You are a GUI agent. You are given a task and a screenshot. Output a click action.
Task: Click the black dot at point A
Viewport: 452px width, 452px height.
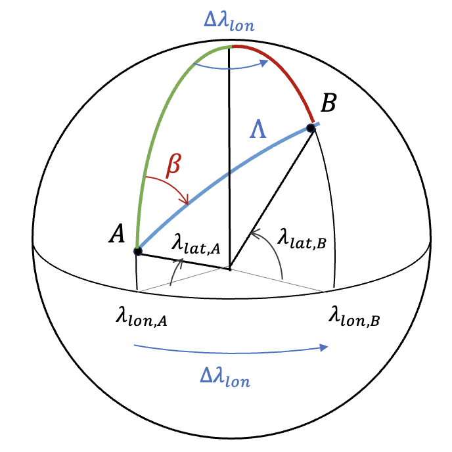point(137,251)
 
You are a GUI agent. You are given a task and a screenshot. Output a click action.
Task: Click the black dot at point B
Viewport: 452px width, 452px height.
point(311,128)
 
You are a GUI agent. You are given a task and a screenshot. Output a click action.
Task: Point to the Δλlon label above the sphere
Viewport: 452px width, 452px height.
point(229,25)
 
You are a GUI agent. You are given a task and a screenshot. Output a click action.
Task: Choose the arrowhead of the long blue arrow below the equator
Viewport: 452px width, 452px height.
point(325,348)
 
